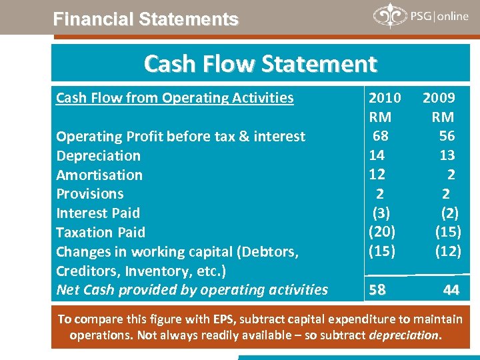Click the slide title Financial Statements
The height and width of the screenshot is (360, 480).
pos(145,19)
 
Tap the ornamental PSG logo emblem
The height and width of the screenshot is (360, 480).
pos(389,16)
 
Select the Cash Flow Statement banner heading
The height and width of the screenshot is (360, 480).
pos(260,64)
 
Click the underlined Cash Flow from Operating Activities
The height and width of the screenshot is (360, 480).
pos(175,98)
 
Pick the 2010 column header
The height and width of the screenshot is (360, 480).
pos(385,98)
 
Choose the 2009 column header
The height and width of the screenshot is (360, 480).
pos(439,98)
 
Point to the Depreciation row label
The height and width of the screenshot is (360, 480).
pos(98,156)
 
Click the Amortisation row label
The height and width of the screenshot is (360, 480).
pos(99,175)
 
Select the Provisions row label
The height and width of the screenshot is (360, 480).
pos(90,194)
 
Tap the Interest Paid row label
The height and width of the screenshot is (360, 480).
pos(98,213)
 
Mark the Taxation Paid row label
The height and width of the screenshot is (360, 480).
pos(100,233)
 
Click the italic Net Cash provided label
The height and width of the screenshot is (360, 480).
pos(192,290)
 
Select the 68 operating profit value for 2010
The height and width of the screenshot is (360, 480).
pos(381,137)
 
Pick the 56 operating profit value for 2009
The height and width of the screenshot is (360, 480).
pos(447,137)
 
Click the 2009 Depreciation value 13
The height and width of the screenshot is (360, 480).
pos(447,155)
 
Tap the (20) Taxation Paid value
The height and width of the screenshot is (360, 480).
pos(382,231)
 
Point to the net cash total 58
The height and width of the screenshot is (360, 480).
pos(377,290)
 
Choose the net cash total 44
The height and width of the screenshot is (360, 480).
pos(451,290)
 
